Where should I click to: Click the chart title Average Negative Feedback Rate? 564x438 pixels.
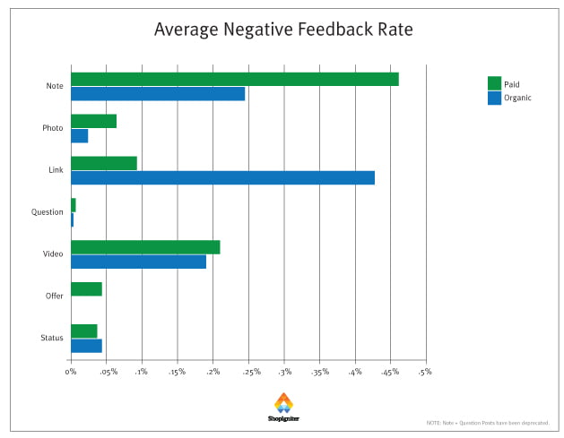click(x=282, y=30)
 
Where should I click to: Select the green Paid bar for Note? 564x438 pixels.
click(x=234, y=79)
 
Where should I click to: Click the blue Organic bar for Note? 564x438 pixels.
click(x=158, y=93)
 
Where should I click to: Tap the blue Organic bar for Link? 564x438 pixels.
click(x=222, y=177)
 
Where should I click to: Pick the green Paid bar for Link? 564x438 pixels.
click(x=104, y=163)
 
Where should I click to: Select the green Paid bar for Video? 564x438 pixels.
click(x=145, y=247)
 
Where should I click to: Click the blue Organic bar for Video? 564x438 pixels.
click(x=138, y=262)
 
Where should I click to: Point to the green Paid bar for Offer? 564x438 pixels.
click(x=86, y=289)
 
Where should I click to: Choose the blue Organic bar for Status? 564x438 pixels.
click(x=86, y=346)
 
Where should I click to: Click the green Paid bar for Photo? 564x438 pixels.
click(x=93, y=121)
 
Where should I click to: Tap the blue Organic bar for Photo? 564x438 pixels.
click(x=79, y=135)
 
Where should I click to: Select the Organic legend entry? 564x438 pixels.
click(x=511, y=98)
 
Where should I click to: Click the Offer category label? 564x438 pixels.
click(x=54, y=296)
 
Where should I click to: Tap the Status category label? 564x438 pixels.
click(x=52, y=339)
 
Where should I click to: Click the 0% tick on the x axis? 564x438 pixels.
click(x=71, y=372)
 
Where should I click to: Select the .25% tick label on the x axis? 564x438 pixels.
click(x=248, y=372)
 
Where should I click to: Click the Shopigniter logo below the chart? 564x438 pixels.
click(x=282, y=408)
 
